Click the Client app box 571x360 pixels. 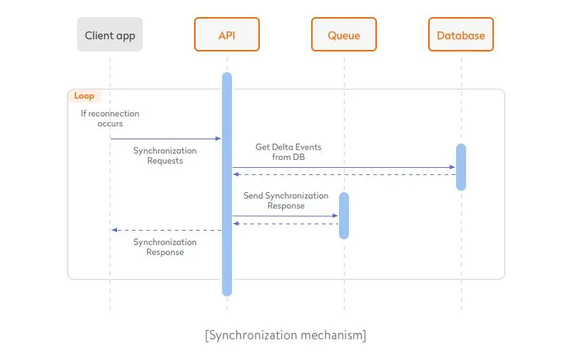[x=110, y=35]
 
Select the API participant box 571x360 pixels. [x=226, y=35]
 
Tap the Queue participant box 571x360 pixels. [x=343, y=35]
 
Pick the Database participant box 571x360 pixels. [x=460, y=35]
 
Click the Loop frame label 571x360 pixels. [x=84, y=96]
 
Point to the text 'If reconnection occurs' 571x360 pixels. [x=109, y=119]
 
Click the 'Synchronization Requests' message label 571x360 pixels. [x=165, y=156]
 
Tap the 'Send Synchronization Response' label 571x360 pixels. [x=285, y=201]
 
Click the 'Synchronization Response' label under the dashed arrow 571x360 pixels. [x=165, y=247]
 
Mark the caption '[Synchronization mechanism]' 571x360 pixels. [x=285, y=334]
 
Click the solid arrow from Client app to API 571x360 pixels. [x=166, y=139]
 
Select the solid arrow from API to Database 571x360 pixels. [x=343, y=167]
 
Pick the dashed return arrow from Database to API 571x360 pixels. [x=343, y=175]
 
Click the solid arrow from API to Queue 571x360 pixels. [x=285, y=216]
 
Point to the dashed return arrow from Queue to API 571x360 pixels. [x=285, y=224]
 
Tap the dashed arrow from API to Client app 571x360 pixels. [x=166, y=230]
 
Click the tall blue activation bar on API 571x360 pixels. [x=227, y=271]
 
